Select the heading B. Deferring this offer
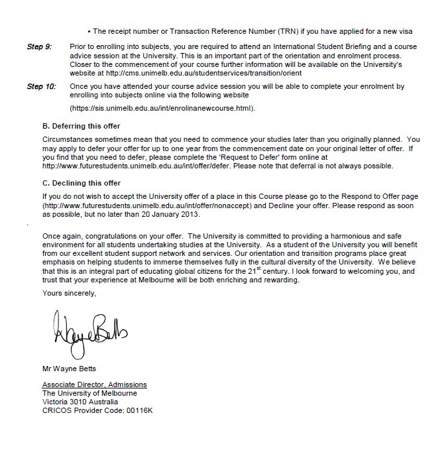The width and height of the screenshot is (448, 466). [81, 126]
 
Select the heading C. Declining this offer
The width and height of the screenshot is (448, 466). [82, 183]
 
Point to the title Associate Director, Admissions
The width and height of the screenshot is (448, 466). [94, 385]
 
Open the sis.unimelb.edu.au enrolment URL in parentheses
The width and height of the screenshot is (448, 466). [162, 107]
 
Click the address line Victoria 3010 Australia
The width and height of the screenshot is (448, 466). [80, 401]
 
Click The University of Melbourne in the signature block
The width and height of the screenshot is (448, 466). [89, 393]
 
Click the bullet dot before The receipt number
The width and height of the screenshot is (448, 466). [89, 31]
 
